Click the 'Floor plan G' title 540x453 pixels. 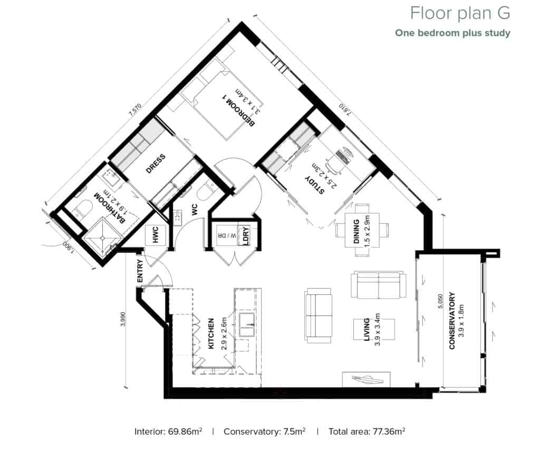[460, 12]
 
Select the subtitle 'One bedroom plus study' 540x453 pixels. [452, 33]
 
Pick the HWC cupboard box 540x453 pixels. [156, 235]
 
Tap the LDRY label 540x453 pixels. [245, 235]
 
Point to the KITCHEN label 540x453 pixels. [210, 334]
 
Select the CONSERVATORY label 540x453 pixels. [452, 321]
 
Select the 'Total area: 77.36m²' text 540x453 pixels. [367, 431]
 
